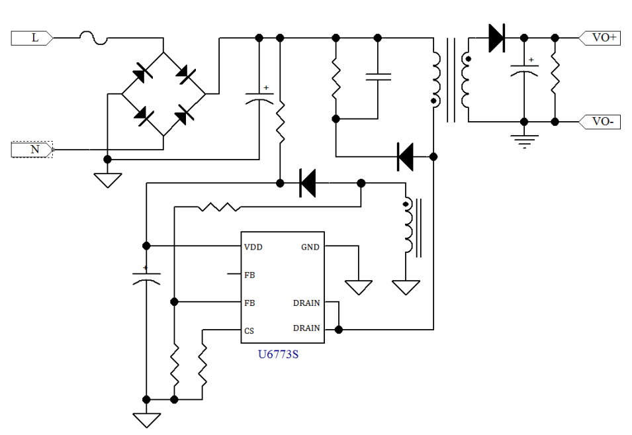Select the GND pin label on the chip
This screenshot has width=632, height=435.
click(310, 247)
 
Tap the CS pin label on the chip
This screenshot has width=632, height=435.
click(249, 330)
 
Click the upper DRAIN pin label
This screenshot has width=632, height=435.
click(306, 303)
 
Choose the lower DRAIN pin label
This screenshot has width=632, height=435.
click(306, 328)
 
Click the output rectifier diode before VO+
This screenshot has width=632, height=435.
click(496, 38)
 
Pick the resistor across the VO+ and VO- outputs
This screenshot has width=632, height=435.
click(555, 79)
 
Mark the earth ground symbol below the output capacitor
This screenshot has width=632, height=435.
click(525, 140)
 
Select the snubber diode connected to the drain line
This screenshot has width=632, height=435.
click(405, 157)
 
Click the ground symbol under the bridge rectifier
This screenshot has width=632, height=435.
click(108, 178)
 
